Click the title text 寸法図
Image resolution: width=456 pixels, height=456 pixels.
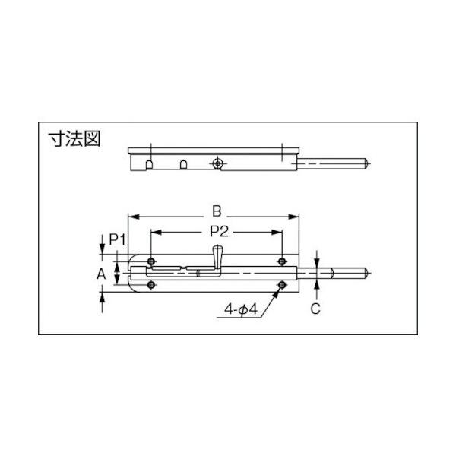pyautogui.click(x=74, y=139)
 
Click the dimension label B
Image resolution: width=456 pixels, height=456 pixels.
pyautogui.click(x=217, y=211)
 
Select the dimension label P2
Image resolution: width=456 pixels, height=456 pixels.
pyautogui.click(x=220, y=232)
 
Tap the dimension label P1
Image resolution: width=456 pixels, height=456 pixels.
pyautogui.click(x=117, y=240)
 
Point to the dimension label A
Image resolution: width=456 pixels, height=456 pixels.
pyautogui.click(x=101, y=274)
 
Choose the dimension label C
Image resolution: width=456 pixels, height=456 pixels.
pyautogui.click(x=315, y=309)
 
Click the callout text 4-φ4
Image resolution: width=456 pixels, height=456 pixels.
pyautogui.click(x=240, y=309)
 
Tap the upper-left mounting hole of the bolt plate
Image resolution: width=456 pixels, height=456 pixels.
pyautogui.click(x=151, y=261)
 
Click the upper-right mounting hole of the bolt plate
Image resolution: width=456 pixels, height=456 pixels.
pyautogui.click(x=282, y=261)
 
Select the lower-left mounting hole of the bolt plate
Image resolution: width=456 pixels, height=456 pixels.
pyautogui.click(x=151, y=285)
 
